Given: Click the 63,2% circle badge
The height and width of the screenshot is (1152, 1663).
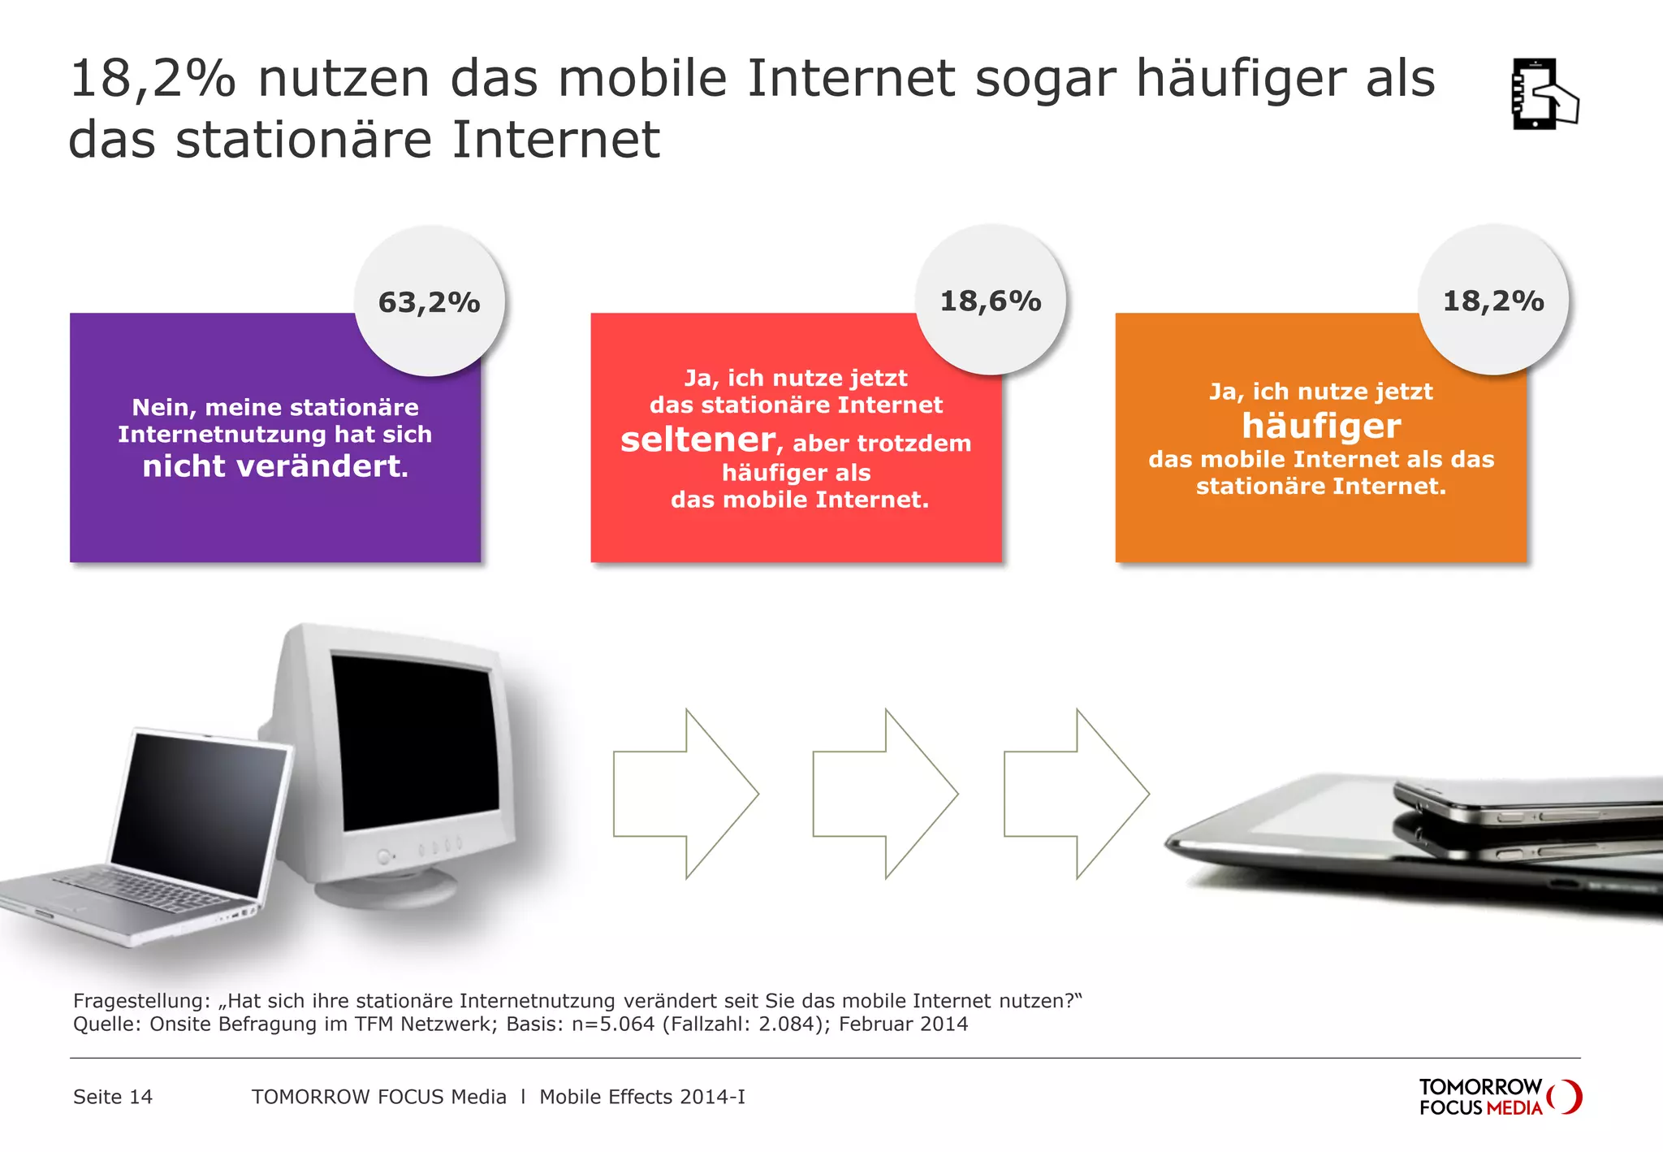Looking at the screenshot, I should pyautogui.click(x=430, y=301).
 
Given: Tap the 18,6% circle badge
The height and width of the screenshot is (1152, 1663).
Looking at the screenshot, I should pyautogui.click(x=991, y=301).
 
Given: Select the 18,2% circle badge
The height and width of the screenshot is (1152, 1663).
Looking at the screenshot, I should pyautogui.click(x=1493, y=301).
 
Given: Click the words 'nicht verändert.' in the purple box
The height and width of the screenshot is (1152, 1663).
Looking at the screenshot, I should pyautogui.click(x=275, y=466).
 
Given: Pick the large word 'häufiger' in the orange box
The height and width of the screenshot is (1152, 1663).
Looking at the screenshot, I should pyautogui.click(x=1321, y=426).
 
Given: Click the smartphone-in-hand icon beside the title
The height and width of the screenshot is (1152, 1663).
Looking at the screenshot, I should pyautogui.click(x=1543, y=94).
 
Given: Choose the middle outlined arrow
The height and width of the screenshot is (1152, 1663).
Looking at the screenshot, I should pyautogui.click(x=884, y=794).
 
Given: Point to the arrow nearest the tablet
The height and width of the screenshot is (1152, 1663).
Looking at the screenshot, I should pyautogui.click(x=1076, y=794).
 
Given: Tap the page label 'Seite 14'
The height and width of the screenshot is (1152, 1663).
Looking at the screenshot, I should pyautogui.click(x=113, y=1097).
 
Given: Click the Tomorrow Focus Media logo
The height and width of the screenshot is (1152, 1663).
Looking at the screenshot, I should pyautogui.click(x=1499, y=1097).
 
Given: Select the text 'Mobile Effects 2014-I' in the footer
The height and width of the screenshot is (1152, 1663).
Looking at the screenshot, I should pyautogui.click(x=642, y=1097).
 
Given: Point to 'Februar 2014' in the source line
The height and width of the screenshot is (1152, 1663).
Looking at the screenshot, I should pyautogui.click(x=903, y=1024).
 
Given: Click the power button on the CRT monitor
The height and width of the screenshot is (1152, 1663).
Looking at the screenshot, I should pyautogui.click(x=384, y=856).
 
